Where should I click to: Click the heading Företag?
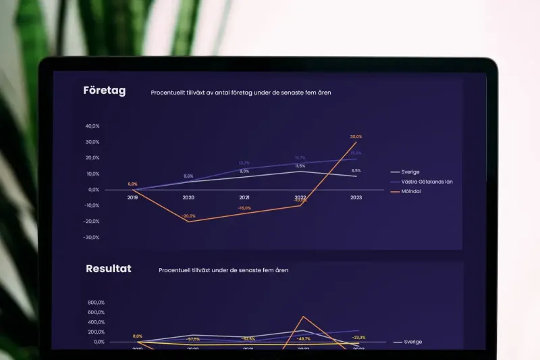[x=104, y=91]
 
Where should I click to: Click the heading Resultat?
[x=108, y=269]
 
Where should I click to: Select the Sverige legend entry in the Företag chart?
[x=410, y=172]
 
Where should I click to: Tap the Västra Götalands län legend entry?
[x=425, y=182]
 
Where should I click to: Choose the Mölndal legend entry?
[x=412, y=192]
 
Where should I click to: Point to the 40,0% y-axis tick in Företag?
[x=92, y=126]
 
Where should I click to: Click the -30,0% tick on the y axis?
[x=92, y=238]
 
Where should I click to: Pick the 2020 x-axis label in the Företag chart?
[x=189, y=198]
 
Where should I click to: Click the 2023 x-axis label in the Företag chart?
[x=356, y=198]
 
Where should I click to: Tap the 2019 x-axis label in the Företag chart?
[x=132, y=198]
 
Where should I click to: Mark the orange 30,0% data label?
[x=356, y=137]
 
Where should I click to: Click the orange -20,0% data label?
[x=189, y=216]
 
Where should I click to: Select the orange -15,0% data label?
[x=244, y=208]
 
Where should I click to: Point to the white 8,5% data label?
[x=356, y=171]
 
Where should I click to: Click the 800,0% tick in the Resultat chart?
[x=96, y=303]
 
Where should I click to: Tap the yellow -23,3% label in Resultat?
[x=358, y=338]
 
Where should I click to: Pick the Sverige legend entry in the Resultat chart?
[x=413, y=342]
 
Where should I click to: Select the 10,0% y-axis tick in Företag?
[x=92, y=174]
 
